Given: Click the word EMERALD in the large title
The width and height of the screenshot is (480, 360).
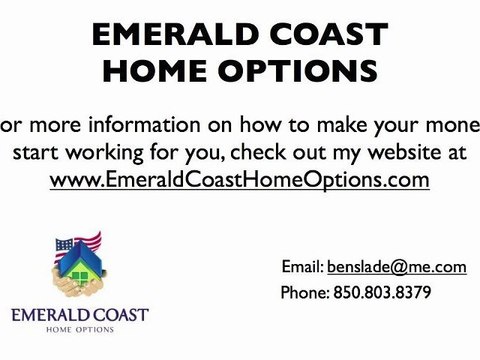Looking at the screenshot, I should click(168, 36).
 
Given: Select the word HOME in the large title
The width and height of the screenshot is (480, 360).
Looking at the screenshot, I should click(168, 73).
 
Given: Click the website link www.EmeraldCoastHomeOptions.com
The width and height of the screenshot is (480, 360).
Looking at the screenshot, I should click(240, 180).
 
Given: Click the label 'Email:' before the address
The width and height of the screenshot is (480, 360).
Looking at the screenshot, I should click(302, 267).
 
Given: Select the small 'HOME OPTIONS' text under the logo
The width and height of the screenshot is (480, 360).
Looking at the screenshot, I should click(80, 330).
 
